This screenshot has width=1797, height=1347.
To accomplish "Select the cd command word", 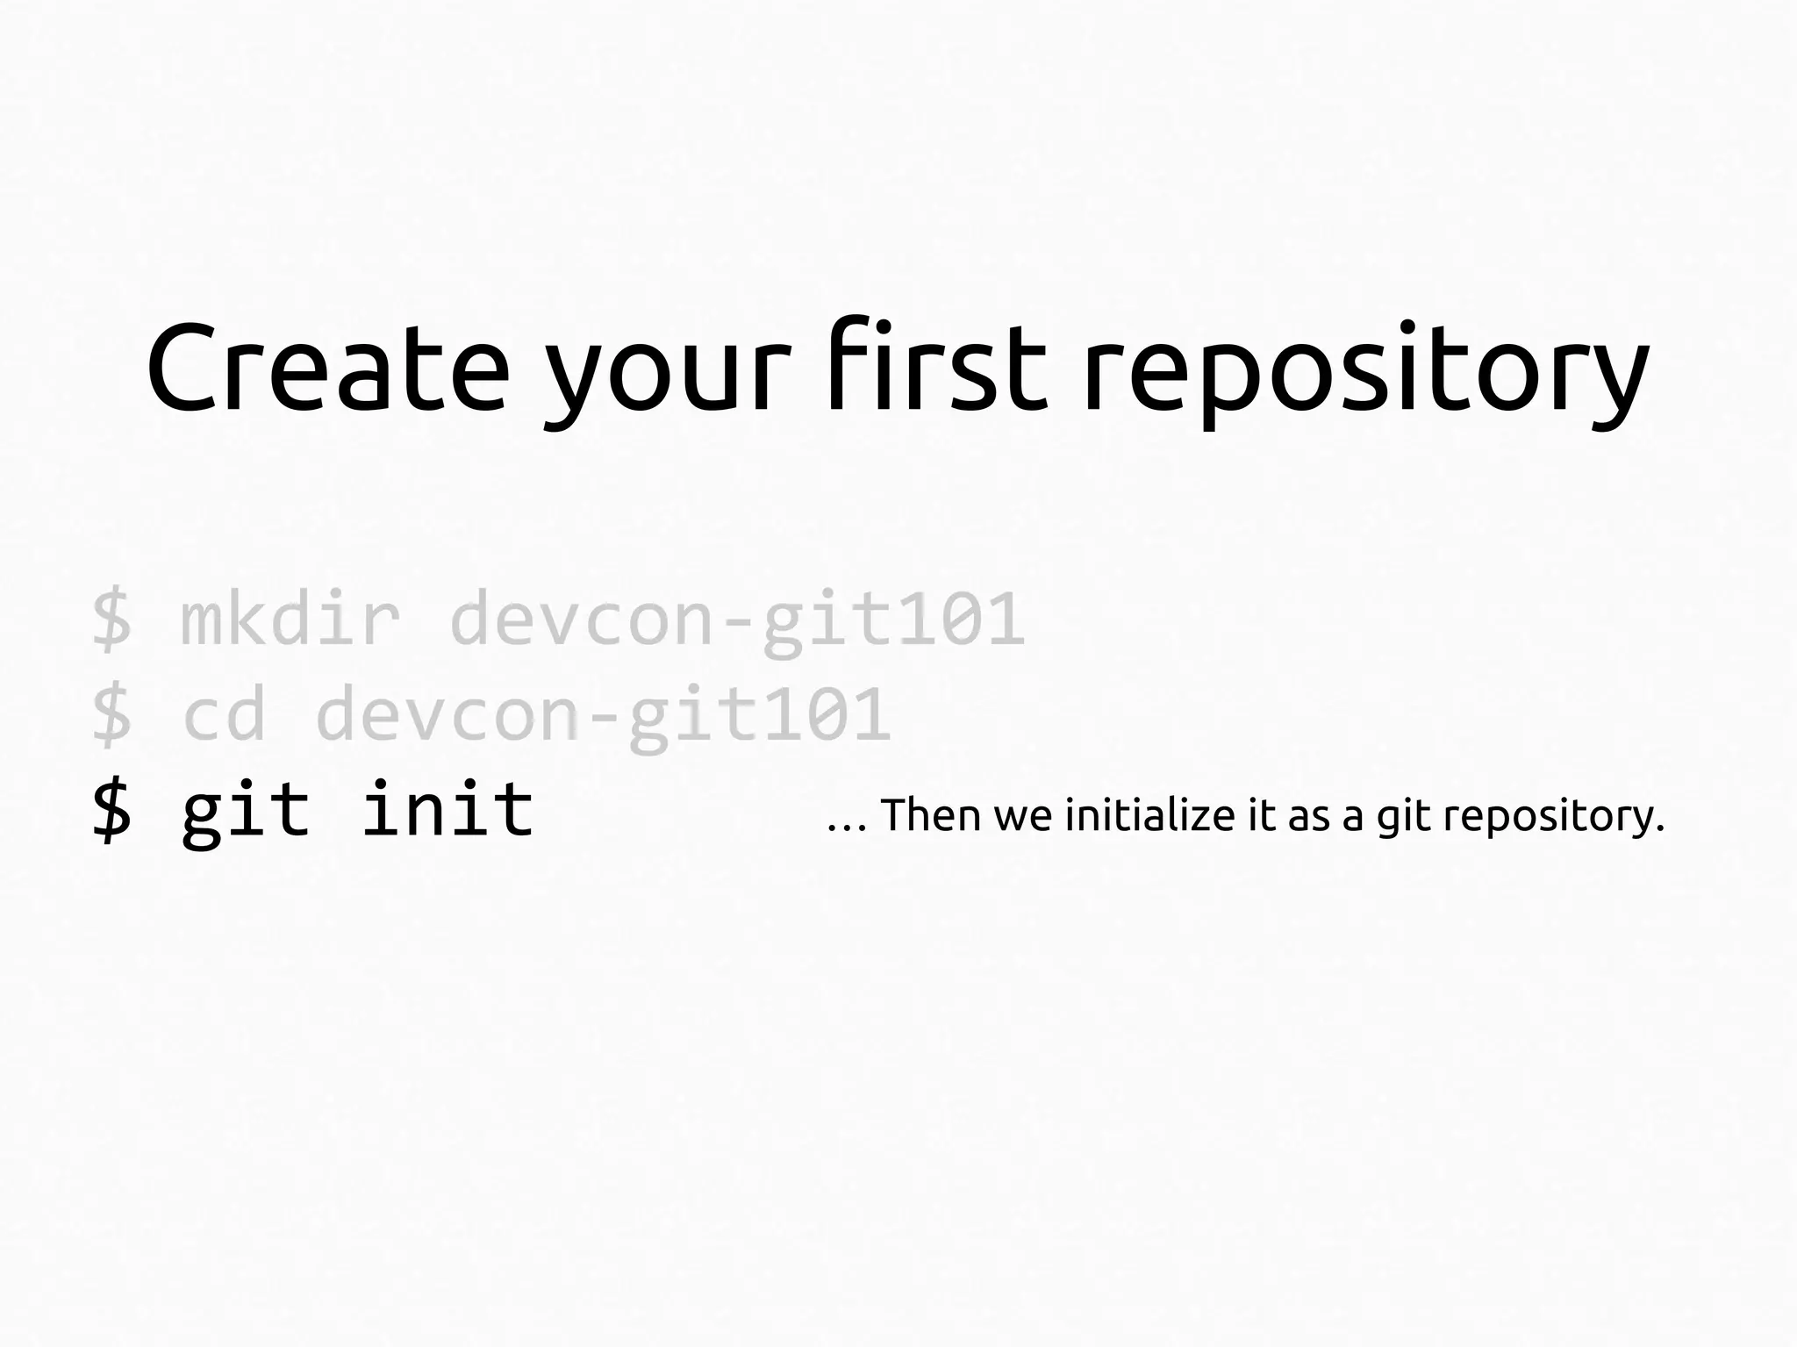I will pos(224,715).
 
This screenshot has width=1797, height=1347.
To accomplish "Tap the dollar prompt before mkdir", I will pos(112,620).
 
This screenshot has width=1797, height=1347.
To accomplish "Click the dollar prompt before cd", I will pos(112,716).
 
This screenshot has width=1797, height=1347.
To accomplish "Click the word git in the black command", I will pos(246,812).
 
